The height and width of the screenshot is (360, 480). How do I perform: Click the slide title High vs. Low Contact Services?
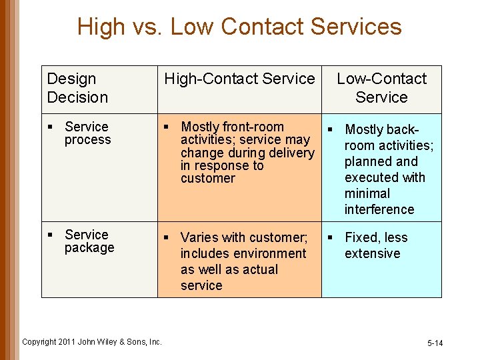tap(239, 27)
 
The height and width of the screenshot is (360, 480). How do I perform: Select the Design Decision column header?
tap(77, 88)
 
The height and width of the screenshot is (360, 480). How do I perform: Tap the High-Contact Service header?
tap(239, 79)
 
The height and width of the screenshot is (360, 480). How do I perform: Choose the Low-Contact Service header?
tap(381, 88)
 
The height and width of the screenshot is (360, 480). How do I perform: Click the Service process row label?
tap(87, 133)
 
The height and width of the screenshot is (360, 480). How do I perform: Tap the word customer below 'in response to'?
tap(208, 179)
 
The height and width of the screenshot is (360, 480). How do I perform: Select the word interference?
tap(379, 209)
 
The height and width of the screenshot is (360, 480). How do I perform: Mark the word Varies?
tap(199, 237)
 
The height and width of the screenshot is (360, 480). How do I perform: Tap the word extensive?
tap(372, 253)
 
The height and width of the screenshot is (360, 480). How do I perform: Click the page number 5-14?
tap(435, 343)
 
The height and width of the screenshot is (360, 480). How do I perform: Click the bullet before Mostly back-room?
tap(329, 129)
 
